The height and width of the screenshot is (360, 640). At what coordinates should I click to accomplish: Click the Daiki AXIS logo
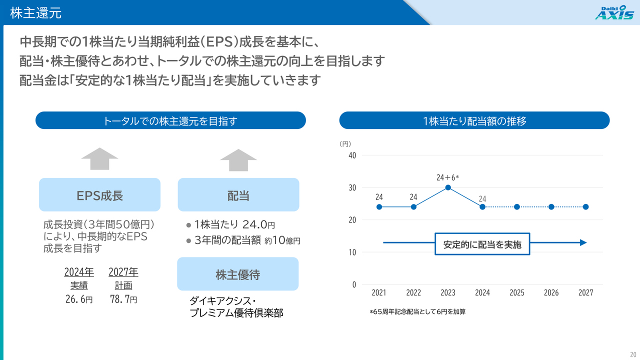(x=614, y=12)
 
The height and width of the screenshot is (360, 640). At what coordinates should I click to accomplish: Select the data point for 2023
(x=448, y=187)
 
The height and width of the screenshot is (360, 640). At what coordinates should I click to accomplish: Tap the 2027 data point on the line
(x=585, y=207)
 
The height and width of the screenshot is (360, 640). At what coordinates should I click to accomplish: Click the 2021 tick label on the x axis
(x=379, y=292)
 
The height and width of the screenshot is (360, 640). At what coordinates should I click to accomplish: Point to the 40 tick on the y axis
(x=352, y=155)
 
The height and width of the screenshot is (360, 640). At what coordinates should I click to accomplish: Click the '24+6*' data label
(x=447, y=177)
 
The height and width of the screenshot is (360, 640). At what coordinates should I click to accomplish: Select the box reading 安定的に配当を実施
(x=482, y=244)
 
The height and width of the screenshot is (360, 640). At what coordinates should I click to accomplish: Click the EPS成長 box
(x=99, y=195)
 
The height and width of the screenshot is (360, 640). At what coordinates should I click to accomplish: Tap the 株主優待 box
(x=238, y=274)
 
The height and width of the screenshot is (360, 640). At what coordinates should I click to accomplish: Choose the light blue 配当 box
(x=238, y=195)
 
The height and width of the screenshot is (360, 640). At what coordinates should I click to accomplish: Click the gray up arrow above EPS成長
(x=99, y=159)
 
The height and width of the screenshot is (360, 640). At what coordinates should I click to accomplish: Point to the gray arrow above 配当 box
(x=238, y=160)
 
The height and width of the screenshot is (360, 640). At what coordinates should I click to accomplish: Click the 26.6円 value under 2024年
(x=79, y=299)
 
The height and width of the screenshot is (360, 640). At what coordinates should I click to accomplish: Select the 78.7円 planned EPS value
(x=123, y=299)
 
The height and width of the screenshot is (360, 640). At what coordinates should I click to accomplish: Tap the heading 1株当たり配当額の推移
(x=474, y=120)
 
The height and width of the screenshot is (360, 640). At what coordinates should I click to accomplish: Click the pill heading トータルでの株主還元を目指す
(x=170, y=120)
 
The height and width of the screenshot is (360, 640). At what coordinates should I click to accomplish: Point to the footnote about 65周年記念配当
(x=417, y=311)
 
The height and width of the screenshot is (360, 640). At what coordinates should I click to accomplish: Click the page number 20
(x=633, y=354)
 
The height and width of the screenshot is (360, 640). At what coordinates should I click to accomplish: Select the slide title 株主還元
(x=35, y=13)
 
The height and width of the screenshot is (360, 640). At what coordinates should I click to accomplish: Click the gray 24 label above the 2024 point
(x=482, y=199)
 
